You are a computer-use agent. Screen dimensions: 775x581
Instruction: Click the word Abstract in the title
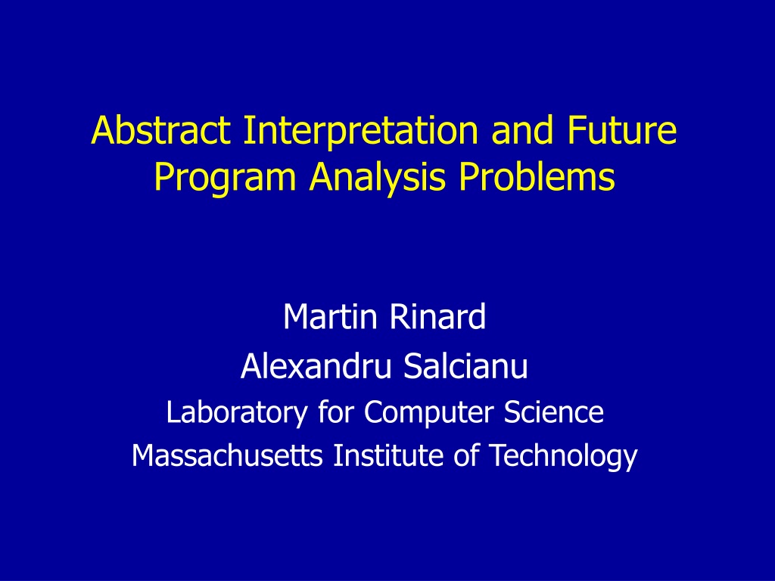pyautogui.click(x=161, y=130)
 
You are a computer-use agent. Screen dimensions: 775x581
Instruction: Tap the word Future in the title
pyautogui.click(x=622, y=130)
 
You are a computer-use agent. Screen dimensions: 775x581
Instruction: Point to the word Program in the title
pyautogui.click(x=225, y=178)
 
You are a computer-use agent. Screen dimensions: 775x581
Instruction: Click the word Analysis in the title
pyautogui.click(x=378, y=178)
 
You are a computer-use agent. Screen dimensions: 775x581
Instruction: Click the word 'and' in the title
pyautogui.click(x=522, y=130)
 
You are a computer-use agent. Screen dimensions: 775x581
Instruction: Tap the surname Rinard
pyautogui.click(x=437, y=317)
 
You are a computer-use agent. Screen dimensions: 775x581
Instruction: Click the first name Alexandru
pyautogui.click(x=316, y=366)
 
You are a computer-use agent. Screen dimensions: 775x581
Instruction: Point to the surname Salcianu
pyautogui.click(x=465, y=366)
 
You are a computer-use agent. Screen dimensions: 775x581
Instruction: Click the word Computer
pyautogui.click(x=428, y=413)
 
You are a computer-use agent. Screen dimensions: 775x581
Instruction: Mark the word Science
pyautogui.click(x=553, y=412)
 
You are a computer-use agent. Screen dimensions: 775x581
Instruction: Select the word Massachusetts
pyautogui.click(x=227, y=455)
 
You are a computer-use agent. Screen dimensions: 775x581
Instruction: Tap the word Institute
pyautogui.click(x=388, y=455)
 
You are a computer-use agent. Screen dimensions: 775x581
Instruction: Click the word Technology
pyautogui.click(x=563, y=456)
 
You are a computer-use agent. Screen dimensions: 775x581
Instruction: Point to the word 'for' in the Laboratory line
pyautogui.click(x=335, y=412)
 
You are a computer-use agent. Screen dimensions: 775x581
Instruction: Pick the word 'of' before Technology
pyautogui.click(x=466, y=455)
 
